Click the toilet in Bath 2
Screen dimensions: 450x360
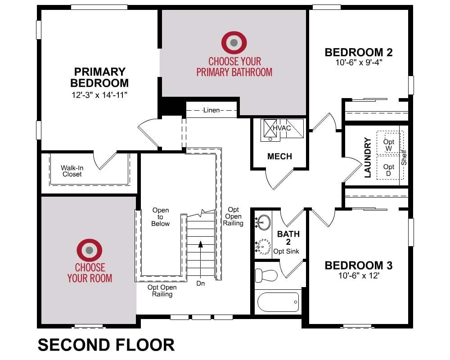(x=266, y=275)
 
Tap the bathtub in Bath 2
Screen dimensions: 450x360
(x=278, y=302)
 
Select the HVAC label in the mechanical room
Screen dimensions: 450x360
(x=282, y=128)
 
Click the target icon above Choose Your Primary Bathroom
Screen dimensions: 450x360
(x=234, y=42)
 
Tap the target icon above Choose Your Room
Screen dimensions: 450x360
(x=89, y=250)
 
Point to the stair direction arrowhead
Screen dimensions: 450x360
(x=201, y=244)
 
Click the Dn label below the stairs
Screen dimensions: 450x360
(x=201, y=283)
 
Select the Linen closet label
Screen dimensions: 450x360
(x=211, y=110)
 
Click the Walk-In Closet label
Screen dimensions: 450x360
(x=72, y=171)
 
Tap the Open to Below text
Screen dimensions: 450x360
(x=161, y=217)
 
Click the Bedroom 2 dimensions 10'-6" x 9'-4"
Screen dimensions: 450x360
(x=359, y=62)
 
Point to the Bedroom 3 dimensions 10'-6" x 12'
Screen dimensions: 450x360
(x=359, y=275)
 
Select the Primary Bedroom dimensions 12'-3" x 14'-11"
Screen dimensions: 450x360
(x=99, y=95)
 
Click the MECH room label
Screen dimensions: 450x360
(x=279, y=156)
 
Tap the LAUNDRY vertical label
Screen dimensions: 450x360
(x=368, y=157)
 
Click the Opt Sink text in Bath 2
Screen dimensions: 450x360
(x=286, y=251)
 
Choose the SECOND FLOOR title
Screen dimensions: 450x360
(x=106, y=345)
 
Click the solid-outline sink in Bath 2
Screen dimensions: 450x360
(x=263, y=222)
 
